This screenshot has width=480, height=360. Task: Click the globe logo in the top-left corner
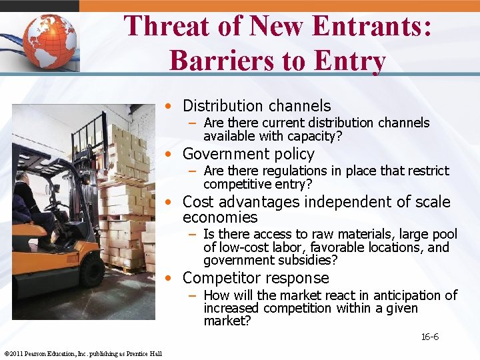pos(49,41)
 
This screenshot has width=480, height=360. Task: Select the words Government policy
pos(248,154)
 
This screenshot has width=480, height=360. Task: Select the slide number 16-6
pos(429,337)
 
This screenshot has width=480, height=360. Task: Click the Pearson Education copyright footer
pos(83,353)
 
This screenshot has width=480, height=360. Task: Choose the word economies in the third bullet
pos(220,217)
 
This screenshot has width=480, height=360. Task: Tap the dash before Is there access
pos(192,235)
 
